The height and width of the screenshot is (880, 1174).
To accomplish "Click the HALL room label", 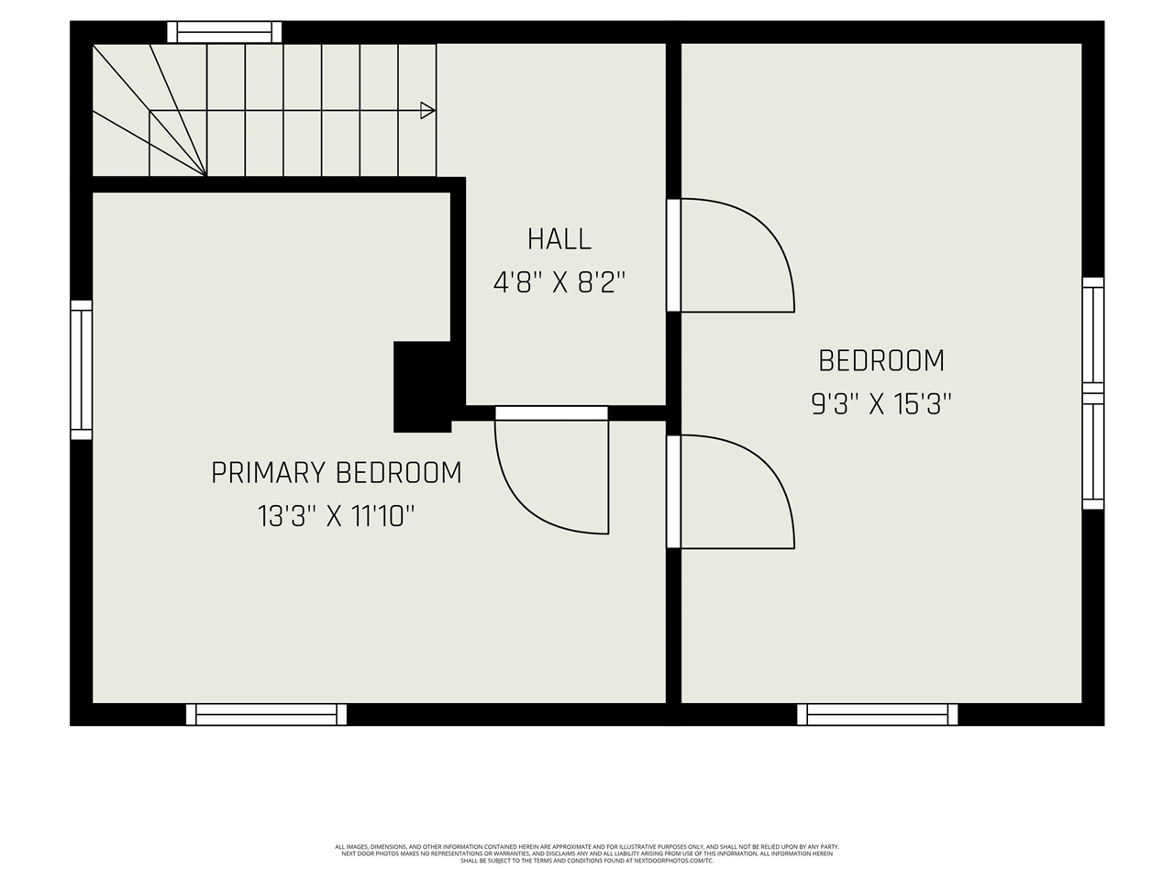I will click(x=559, y=239).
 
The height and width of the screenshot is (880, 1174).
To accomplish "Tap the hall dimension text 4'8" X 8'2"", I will click(x=559, y=282).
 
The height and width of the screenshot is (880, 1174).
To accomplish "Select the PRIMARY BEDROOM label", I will click(x=336, y=473).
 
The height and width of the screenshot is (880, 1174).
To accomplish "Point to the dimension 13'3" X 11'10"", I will click(x=336, y=517).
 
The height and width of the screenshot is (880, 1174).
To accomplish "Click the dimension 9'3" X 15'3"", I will click(x=881, y=404).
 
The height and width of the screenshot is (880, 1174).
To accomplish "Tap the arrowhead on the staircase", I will click(x=426, y=111).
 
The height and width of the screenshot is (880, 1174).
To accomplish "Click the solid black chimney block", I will click(x=422, y=386).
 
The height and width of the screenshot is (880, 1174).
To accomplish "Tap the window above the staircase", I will click(x=225, y=33).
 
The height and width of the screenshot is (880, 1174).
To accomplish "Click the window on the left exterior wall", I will click(x=82, y=370).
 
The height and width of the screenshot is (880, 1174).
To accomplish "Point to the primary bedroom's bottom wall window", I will click(x=266, y=714).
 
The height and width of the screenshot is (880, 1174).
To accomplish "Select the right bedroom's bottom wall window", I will click(x=877, y=714).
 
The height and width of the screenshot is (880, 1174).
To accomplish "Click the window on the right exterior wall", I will click(x=1092, y=392).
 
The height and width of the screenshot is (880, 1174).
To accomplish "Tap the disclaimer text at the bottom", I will click(x=587, y=853).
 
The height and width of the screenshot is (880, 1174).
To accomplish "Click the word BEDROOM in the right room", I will click(x=881, y=360).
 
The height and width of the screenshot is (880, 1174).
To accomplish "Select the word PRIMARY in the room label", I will click(x=269, y=473).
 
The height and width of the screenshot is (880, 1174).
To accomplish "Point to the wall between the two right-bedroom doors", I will click(x=673, y=373).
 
